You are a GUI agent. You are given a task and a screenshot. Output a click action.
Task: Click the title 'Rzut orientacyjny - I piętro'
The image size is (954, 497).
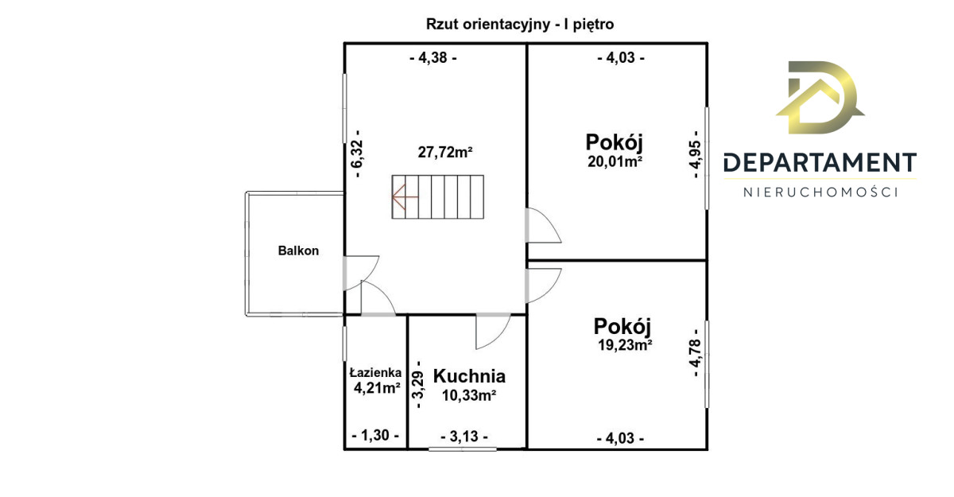tap(520, 25)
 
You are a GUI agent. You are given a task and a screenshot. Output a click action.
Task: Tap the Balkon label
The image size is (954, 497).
tap(298, 250)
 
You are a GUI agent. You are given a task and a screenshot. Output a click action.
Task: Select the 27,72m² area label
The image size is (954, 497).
tap(445, 152)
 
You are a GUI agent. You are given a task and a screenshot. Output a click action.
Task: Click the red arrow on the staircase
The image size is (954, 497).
tap(405, 196)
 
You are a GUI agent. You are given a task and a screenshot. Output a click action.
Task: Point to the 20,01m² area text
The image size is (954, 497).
tap(615, 161)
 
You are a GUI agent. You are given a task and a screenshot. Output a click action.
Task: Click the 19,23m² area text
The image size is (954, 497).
tap(625, 344)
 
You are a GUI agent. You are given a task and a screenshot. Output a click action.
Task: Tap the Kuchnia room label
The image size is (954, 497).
tap(469, 376)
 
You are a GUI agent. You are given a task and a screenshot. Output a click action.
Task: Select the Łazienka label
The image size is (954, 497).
tap(375, 373)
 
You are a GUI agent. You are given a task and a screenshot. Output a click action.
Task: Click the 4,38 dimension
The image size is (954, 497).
tap(433, 57)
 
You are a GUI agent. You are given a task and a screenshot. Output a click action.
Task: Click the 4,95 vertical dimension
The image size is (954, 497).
tap(695, 154)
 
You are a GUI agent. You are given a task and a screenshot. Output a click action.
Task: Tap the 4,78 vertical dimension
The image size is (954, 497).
tap(695, 352)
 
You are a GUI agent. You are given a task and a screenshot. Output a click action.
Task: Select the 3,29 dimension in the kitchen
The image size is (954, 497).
tap(419, 385)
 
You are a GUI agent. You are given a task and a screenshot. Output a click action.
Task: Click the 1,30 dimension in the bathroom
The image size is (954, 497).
tap(375, 435)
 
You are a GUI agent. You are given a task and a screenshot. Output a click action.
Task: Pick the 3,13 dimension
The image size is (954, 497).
tap(464, 437)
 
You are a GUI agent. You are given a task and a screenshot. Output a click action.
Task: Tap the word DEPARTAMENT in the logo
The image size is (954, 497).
tap(820, 163)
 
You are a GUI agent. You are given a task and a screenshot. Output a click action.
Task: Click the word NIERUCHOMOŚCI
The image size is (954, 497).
tap(820, 192)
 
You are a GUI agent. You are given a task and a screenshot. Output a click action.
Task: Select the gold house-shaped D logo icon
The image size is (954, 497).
tap(820, 98)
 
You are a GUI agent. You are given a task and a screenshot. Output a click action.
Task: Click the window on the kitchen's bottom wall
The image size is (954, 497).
tap(463, 448)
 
